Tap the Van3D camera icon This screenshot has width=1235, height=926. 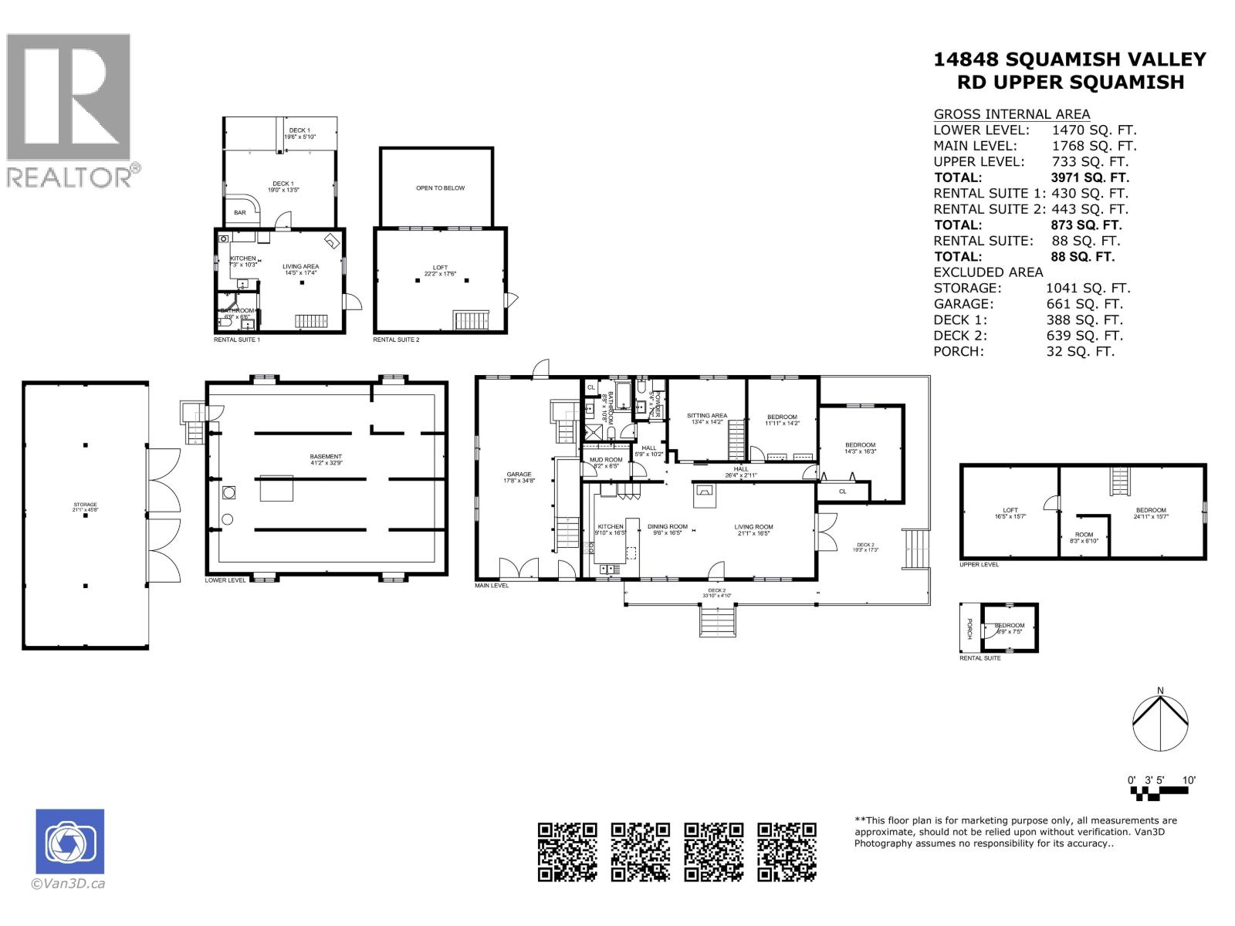tap(69, 841)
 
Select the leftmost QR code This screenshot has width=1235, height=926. tap(567, 851)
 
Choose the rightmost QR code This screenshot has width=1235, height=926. tap(787, 851)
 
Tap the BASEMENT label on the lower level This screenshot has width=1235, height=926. tap(326, 457)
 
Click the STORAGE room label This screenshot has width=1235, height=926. tap(85, 504)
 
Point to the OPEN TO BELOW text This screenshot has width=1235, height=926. tap(440, 188)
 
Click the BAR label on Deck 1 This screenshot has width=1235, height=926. tap(240, 213)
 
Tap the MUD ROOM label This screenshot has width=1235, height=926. tap(606, 460)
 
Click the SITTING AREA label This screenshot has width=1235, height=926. tap(707, 416)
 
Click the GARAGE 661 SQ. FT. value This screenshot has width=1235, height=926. tap(1084, 304)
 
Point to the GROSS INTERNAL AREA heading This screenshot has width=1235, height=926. tap(1011, 113)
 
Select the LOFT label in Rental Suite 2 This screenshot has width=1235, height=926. tap(440, 268)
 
